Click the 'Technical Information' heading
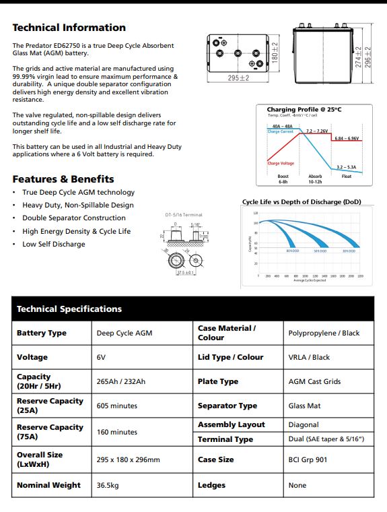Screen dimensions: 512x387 69,28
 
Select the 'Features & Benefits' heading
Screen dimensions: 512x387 63,179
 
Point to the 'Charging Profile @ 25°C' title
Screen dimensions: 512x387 304,110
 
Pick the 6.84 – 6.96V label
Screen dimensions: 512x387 347,137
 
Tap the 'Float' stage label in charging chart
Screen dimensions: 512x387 346,177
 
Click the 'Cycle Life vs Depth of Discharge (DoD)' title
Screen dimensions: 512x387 302,201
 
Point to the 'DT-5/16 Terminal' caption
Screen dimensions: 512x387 183,215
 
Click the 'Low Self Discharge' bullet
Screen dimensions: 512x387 53,244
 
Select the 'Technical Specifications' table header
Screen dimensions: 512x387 69,309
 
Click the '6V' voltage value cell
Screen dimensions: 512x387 102,357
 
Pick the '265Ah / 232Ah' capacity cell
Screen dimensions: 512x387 120,381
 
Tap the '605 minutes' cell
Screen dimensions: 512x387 116,406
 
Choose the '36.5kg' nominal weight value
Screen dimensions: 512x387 108,485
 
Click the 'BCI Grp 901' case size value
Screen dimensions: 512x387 308,459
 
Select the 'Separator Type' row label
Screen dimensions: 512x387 227,406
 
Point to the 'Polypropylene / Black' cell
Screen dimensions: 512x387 324,333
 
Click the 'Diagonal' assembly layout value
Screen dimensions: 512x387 304,425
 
